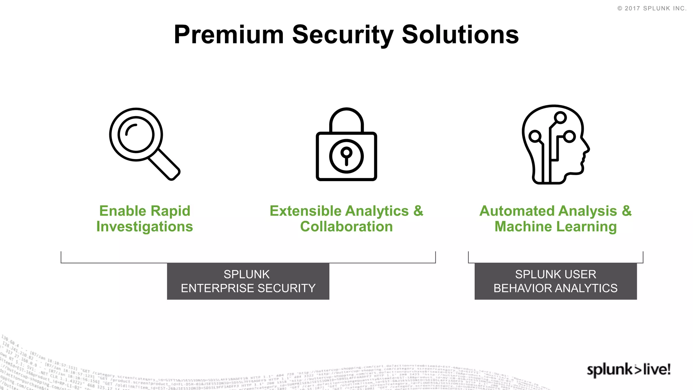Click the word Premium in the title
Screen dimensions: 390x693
click(x=229, y=35)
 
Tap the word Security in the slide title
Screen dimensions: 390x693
click(x=343, y=35)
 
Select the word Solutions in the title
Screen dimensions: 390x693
click(x=460, y=35)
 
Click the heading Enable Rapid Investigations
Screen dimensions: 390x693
click(x=144, y=219)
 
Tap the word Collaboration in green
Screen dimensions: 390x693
click(x=346, y=226)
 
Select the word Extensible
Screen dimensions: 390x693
click(x=305, y=211)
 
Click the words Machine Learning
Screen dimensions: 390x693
click(x=555, y=226)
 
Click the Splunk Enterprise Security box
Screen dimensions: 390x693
click(x=248, y=281)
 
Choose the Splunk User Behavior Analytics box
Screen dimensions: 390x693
click(x=555, y=281)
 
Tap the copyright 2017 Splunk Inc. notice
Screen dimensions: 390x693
click(x=652, y=8)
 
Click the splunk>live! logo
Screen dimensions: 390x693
click(x=628, y=370)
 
